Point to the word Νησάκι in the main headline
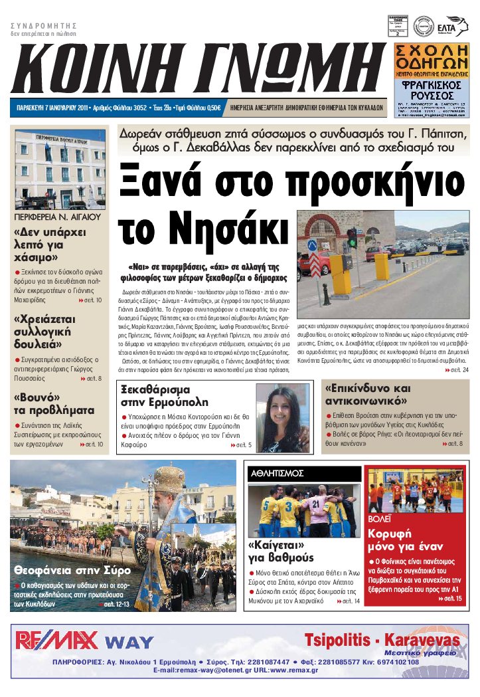point(202,230)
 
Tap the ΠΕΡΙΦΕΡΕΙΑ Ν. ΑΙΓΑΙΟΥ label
point(56,217)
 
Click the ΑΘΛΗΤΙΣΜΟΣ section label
point(277,473)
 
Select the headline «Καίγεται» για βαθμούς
point(281,551)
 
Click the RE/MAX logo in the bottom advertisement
point(56,641)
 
